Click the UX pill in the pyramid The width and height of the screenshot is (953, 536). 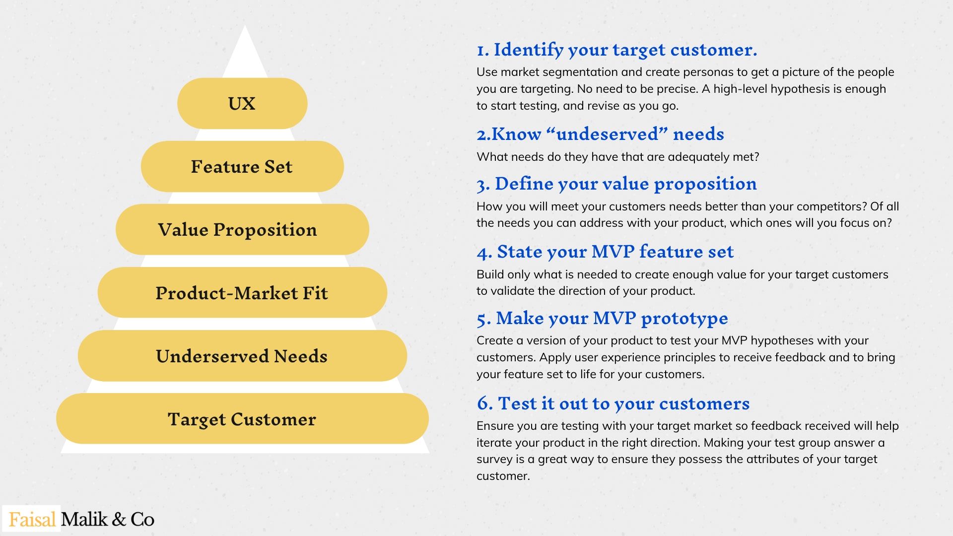pyautogui.click(x=242, y=103)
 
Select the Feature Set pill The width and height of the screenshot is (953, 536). pyautogui.click(x=242, y=166)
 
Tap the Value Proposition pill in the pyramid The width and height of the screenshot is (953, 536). pyautogui.click(x=242, y=229)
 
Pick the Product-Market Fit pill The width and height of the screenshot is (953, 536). pyautogui.click(x=242, y=292)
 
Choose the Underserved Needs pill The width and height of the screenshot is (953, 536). pyautogui.click(x=242, y=356)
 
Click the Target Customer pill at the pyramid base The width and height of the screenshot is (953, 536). pyautogui.click(x=242, y=419)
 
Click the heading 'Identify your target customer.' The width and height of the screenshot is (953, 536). pyautogui.click(x=625, y=50)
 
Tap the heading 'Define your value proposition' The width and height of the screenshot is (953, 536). pyautogui.click(x=625, y=184)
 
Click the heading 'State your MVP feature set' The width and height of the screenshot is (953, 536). pyautogui.click(x=615, y=252)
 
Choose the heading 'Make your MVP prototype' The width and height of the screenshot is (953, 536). pyautogui.click(x=612, y=319)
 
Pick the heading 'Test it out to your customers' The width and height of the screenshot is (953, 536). pyautogui.click(x=623, y=403)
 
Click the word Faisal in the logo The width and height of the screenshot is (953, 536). pyautogui.click(x=32, y=520)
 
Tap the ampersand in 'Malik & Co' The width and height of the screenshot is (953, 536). pyautogui.click(x=119, y=520)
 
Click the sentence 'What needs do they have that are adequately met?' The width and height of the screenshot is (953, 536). pyautogui.click(x=618, y=157)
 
